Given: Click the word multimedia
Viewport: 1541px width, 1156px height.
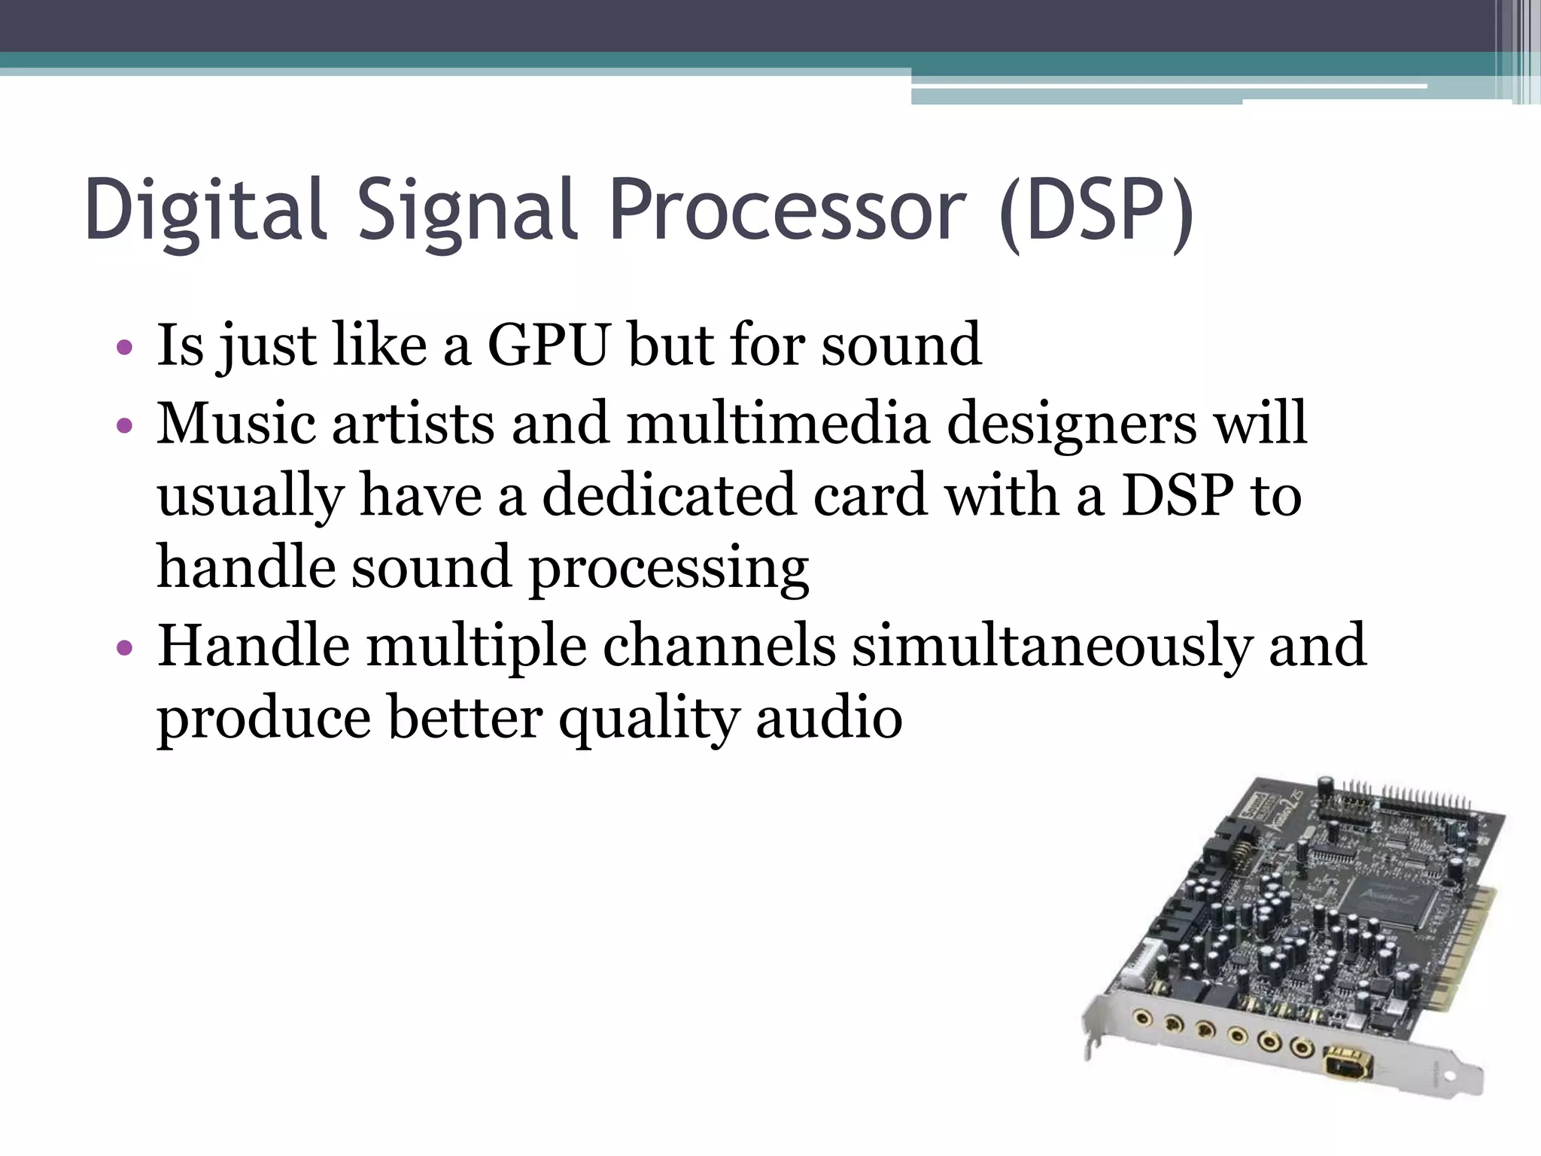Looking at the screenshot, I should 778,423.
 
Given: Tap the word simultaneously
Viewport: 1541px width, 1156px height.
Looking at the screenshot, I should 1052,646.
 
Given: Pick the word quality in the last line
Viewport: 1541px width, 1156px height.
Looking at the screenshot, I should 649,718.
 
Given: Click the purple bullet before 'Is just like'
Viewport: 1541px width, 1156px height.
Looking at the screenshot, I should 125,348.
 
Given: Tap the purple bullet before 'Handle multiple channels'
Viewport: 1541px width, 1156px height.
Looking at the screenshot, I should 125,648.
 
